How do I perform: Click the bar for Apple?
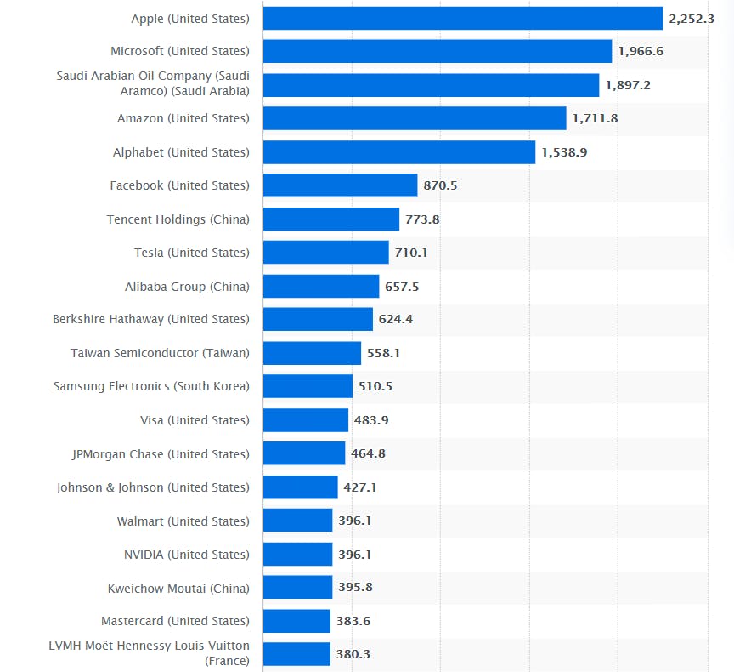click(x=462, y=18)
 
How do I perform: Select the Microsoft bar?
click(x=437, y=51)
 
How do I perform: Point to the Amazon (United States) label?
click(x=183, y=118)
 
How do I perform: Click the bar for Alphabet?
click(x=398, y=152)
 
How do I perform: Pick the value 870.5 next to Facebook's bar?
click(x=440, y=185)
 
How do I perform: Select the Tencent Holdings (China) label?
click(x=178, y=219)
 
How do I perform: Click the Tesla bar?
click(x=325, y=253)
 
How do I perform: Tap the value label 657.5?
click(x=402, y=287)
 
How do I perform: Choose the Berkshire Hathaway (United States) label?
click(x=150, y=319)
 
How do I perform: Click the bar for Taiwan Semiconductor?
click(x=312, y=353)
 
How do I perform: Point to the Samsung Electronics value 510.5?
click(x=375, y=386)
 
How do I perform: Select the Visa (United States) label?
click(x=195, y=420)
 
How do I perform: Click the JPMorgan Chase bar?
click(x=303, y=453)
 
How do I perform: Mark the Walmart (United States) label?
click(x=183, y=521)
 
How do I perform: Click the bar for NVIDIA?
click(x=297, y=555)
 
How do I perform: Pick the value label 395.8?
click(x=355, y=588)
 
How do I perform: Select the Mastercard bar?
click(x=296, y=621)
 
